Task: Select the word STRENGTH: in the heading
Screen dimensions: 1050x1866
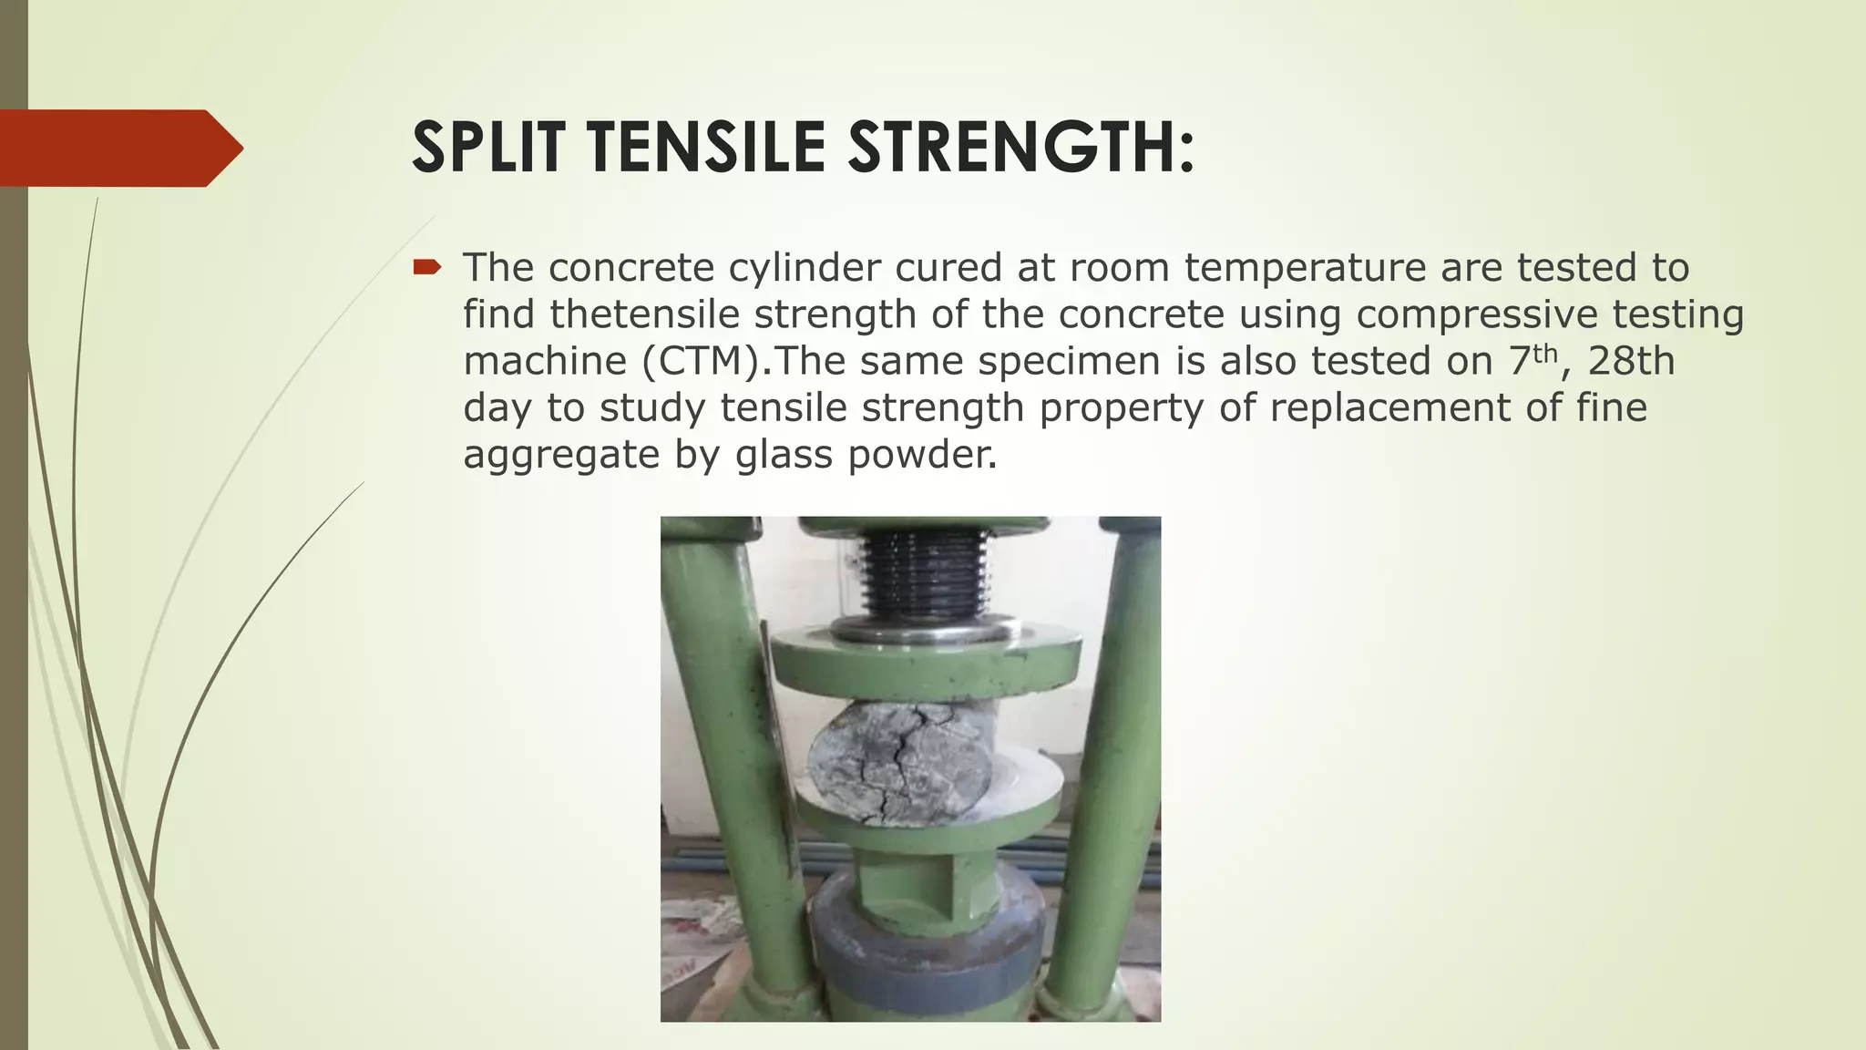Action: coord(1020,148)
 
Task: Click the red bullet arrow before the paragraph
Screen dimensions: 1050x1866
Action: coord(426,267)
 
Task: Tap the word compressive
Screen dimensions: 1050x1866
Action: coord(1476,314)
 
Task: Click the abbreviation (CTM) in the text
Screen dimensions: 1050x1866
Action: coord(701,361)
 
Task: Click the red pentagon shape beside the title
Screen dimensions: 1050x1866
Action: coord(118,148)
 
